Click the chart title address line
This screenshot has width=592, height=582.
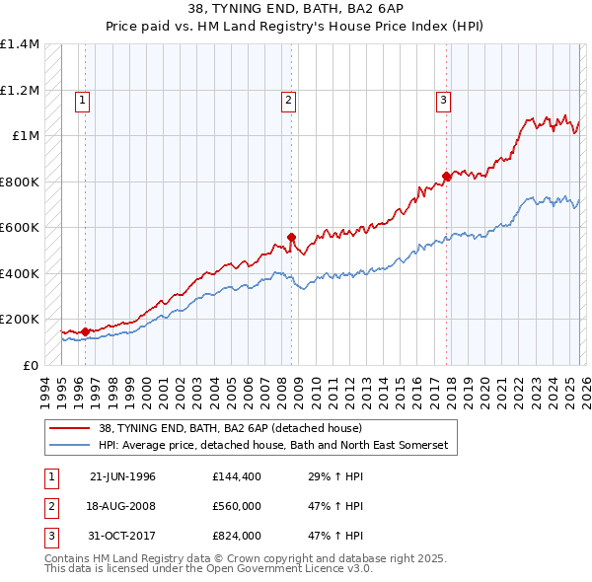tap(296, 9)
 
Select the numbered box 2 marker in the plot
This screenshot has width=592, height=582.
tap(288, 99)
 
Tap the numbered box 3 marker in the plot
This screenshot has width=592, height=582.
tap(444, 99)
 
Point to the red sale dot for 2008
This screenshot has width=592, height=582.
tap(292, 237)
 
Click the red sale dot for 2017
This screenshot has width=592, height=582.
tap(447, 177)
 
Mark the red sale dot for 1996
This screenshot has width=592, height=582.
tap(85, 332)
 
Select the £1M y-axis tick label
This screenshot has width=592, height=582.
tap(26, 136)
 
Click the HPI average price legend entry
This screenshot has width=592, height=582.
tap(272, 446)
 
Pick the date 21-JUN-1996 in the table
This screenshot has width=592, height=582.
tap(122, 476)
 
